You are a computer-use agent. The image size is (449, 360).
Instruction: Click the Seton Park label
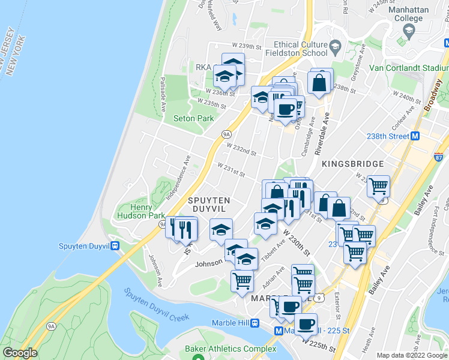tap(193, 119)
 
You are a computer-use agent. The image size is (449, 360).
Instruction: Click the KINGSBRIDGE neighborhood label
tap(352, 164)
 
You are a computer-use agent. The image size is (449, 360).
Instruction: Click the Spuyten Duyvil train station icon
tap(115, 245)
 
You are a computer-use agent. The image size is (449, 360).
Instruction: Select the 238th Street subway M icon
tap(415, 136)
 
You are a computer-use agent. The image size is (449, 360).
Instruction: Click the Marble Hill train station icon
tap(255, 323)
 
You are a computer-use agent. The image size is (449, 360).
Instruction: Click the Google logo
tap(20, 353)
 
